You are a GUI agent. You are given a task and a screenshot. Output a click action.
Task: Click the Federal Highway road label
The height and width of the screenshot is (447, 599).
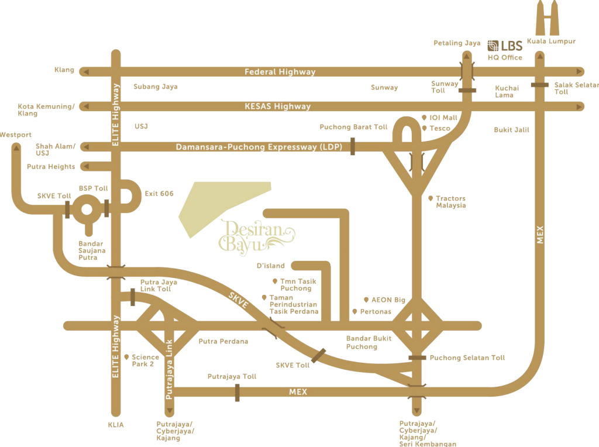(280, 72)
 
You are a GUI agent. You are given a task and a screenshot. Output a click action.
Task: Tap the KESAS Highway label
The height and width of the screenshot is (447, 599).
(277, 106)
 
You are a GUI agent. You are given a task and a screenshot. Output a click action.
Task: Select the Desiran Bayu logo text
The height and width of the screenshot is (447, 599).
(256, 235)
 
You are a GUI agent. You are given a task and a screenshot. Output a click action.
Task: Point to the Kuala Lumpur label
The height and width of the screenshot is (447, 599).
(551, 42)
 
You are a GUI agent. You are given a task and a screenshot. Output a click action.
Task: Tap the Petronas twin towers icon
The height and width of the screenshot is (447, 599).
(548, 18)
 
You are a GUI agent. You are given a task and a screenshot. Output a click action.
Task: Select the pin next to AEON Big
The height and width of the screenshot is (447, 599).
(367, 300)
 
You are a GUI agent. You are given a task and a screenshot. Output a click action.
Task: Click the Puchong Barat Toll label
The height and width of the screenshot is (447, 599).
(353, 127)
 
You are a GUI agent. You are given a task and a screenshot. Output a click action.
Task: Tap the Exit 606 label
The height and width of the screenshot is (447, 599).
(159, 194)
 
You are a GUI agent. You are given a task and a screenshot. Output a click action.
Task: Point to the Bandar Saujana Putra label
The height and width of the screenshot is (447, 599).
(91, 250)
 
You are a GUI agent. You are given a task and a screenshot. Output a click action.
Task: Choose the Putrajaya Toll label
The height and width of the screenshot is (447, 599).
(232, 377)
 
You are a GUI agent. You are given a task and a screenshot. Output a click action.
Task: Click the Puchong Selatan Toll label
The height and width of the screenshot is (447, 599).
(467, 357)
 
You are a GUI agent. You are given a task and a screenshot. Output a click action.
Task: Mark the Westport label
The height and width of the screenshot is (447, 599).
(16, 135)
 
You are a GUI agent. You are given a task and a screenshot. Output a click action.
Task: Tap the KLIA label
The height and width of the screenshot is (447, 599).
(115, 425)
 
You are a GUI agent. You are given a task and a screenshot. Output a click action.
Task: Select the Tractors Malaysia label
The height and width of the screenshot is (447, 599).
(451, 202)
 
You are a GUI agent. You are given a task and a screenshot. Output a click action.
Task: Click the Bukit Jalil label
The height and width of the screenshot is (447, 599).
(511, 130)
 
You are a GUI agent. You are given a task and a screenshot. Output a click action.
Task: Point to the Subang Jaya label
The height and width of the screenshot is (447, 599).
(155, 87)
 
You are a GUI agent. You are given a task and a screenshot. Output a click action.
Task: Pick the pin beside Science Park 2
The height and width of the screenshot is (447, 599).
(126, 356)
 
